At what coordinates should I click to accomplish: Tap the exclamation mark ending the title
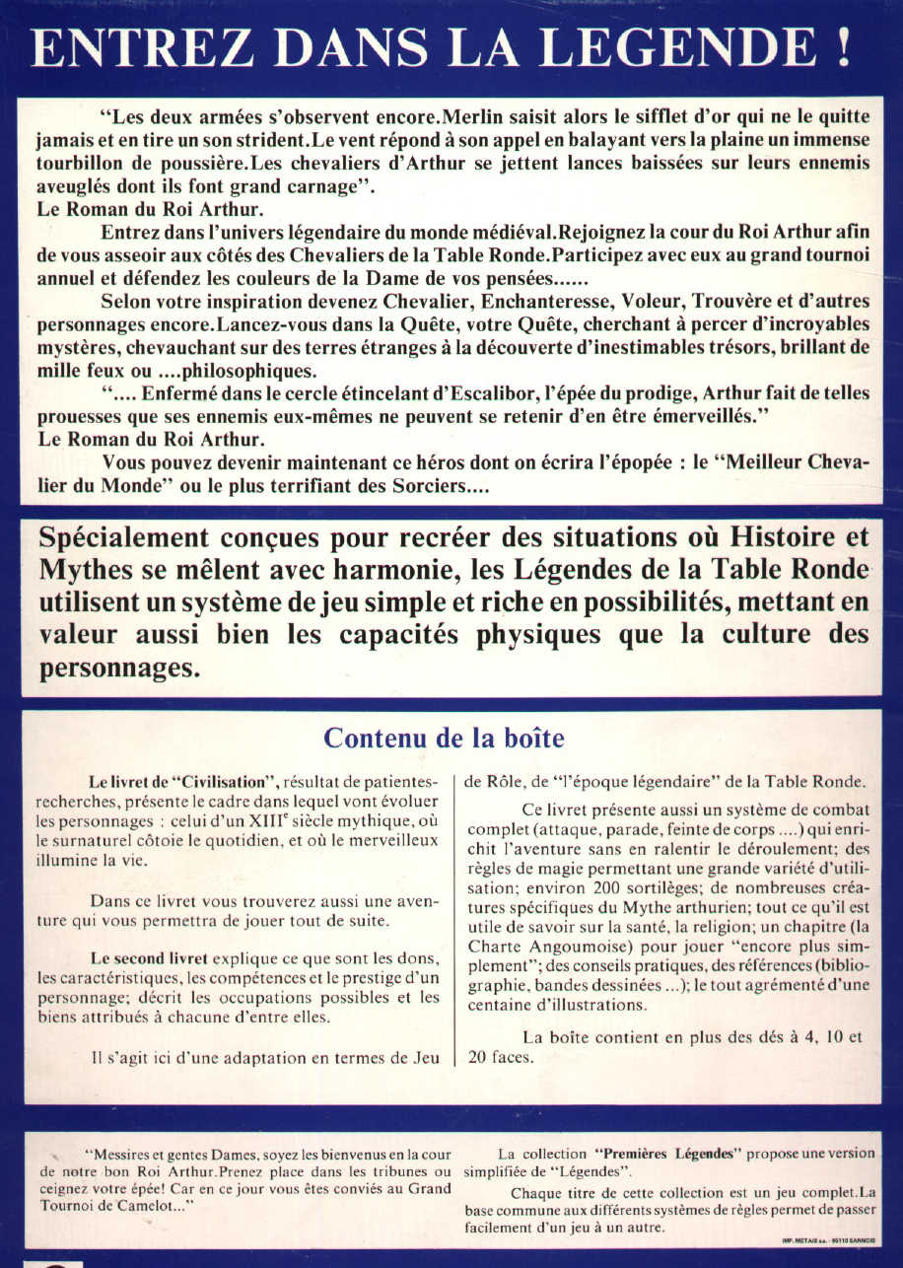pyautogui.click(x=843, y=47)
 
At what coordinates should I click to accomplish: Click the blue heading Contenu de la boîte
pyautogui.click(x=444, y=739)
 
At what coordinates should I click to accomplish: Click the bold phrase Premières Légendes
pyautogui.click(x=656, y=1153)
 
